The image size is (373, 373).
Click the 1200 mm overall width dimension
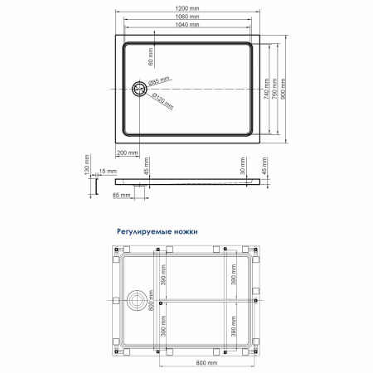[187, 8]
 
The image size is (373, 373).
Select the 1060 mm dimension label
[187, 17]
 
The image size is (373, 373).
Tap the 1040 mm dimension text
[187, 25]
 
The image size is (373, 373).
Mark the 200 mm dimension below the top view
[128, 153]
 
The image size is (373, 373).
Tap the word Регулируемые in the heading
[144, 234]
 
